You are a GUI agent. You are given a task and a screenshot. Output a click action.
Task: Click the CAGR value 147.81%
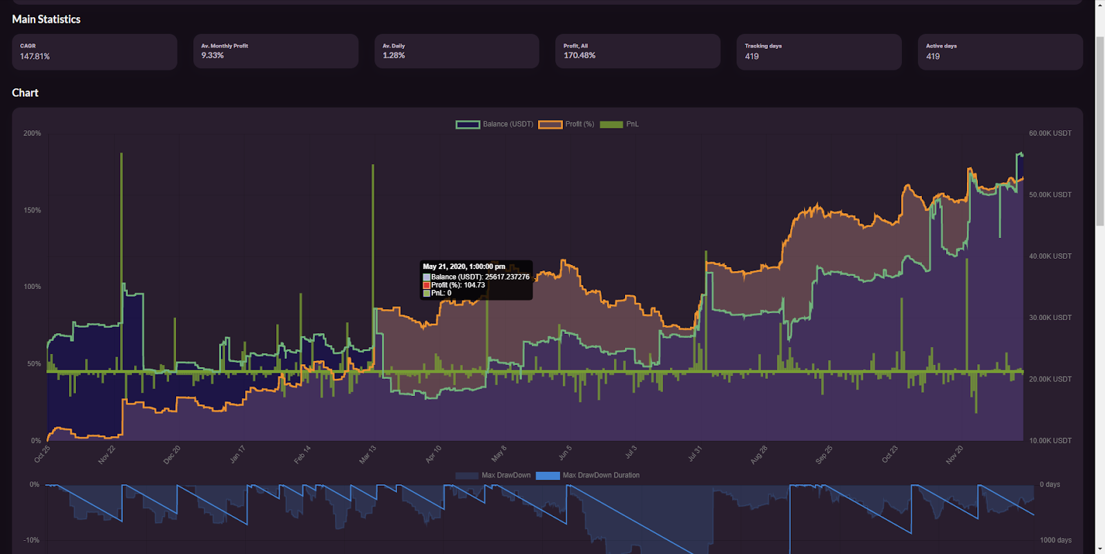[x=35, y=57]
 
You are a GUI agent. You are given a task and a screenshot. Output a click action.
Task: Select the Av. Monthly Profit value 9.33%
[x=213, y=55]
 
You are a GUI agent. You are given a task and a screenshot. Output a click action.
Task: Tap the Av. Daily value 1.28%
[x=394, y=55]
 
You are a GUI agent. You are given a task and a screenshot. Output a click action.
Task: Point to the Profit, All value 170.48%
[x=579, y=55]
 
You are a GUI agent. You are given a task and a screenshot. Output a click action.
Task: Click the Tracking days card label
[x=763, y=46]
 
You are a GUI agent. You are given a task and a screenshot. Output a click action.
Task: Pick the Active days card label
[x=941, y=46]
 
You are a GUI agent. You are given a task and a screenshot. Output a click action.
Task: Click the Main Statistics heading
[x=46, y=19]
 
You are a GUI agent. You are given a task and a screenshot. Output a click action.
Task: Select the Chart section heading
[x=26, y=92]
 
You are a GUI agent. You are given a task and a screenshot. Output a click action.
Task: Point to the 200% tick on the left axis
[x=32, y=133]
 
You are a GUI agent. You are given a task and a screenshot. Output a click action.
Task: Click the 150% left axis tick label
[x=32, y=210]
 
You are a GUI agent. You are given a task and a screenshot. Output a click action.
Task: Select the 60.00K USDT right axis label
[x=1050, y=133]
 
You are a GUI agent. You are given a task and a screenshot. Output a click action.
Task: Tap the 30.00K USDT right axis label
[x=1050, y=317]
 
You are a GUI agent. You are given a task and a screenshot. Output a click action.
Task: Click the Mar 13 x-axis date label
[x=367, y=454]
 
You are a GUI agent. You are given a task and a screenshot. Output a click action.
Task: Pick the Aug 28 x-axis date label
[x=758, y=454]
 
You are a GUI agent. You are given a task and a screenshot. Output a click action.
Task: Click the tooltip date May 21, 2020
[x=463, y=266]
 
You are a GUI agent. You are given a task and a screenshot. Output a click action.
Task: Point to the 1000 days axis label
[x=1055, y=540]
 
